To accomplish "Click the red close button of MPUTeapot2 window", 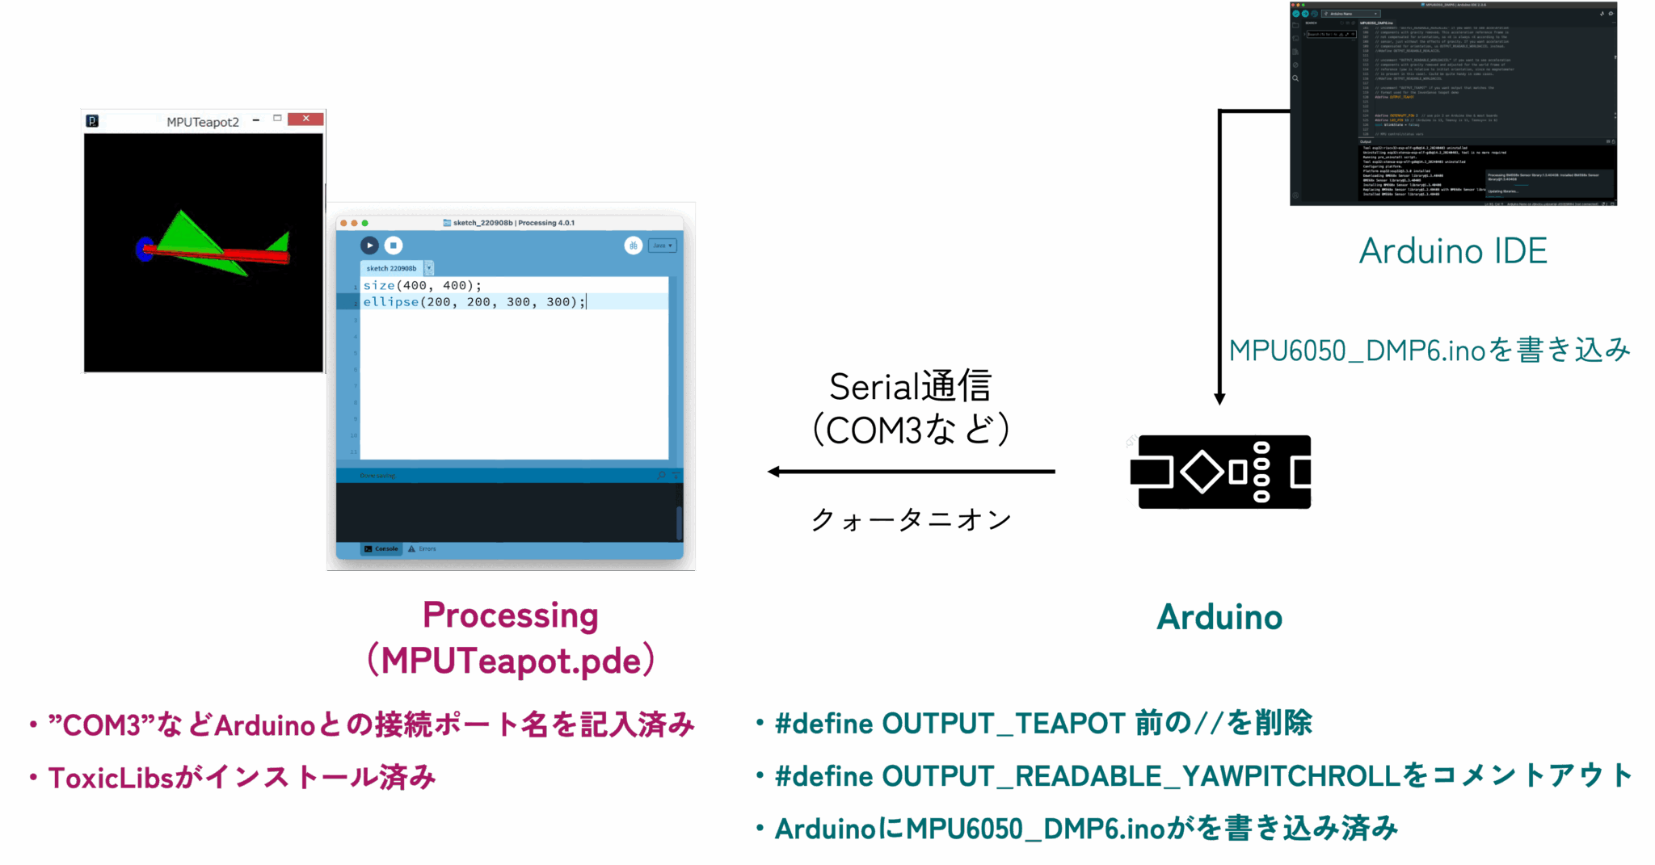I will click(x=305, y=119).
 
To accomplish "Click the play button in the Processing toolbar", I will click(x=369, y=246).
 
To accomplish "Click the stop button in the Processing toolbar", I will click(x=394, y=246).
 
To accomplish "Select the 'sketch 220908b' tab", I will click(x=392, y=268).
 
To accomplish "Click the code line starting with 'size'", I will click(x=422, y=286).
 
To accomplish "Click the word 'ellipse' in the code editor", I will click(x=391, y=302).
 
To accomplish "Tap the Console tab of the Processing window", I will click(x=381, y=549).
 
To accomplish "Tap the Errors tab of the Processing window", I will click(x=423, y=549).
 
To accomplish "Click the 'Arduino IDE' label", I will click(x=1453, y=251).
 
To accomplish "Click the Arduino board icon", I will click(x=1221, y=472).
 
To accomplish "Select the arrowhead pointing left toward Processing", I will click(x=774, y=472).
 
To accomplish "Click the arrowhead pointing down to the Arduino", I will click(x=1220, y=399).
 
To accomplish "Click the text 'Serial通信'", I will click(x=910, y=387).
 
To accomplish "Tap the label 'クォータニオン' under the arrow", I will click(x=911, y=520).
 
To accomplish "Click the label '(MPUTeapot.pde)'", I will click(x=511, y=661).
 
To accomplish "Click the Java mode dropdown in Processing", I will click(x=662, y=246).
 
